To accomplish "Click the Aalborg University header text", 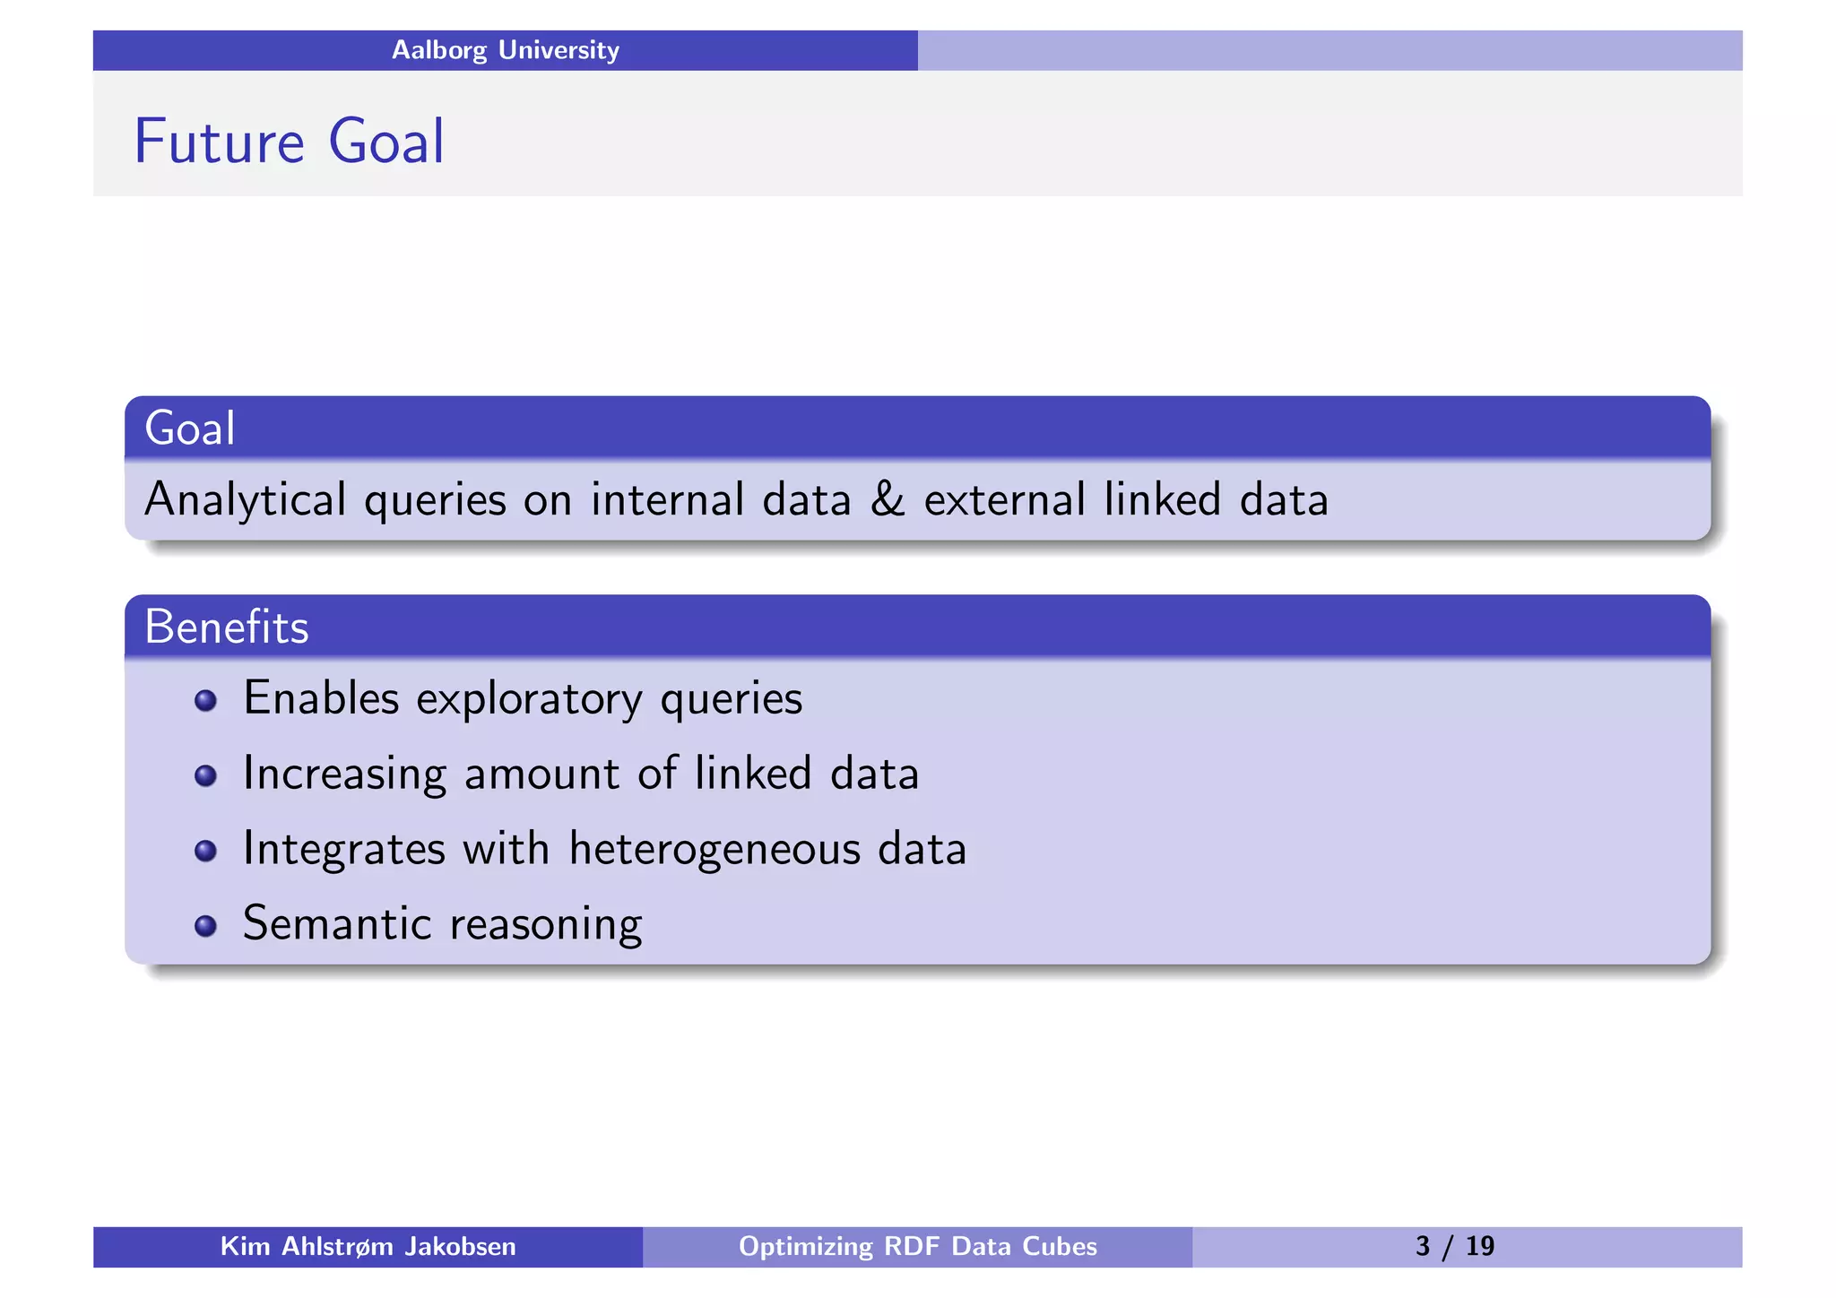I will pyautogui.click(x=505, y=50).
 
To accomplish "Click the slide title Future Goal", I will pyautogui.click(x=289, y=142).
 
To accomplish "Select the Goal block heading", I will pyautogui.click(x=190, y=428).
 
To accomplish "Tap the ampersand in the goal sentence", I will pyautogui.click(x=887, y=499).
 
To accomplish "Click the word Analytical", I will pyautogui.click(x=245, y=500).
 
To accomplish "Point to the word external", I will pyautogui.click(x=1004, y=499).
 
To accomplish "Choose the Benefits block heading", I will pyautogui.click(x=227, y=627).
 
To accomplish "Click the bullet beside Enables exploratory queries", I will pyautogui.click(x=205, y=700).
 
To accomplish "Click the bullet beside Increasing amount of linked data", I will pyautogui.click(x=205, y=775).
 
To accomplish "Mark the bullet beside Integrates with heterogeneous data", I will pyautogui.click(x=205, y=850).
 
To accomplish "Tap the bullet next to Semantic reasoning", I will pyautogui.click(x=205, y=925).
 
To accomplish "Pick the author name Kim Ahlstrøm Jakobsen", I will pyautogui.click(x=368, y=1247).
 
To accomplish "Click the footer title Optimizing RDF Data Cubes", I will pyautogui.click(x=917, y=1247).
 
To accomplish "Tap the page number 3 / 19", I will pyautogui.click(x=1454, y=1247).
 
